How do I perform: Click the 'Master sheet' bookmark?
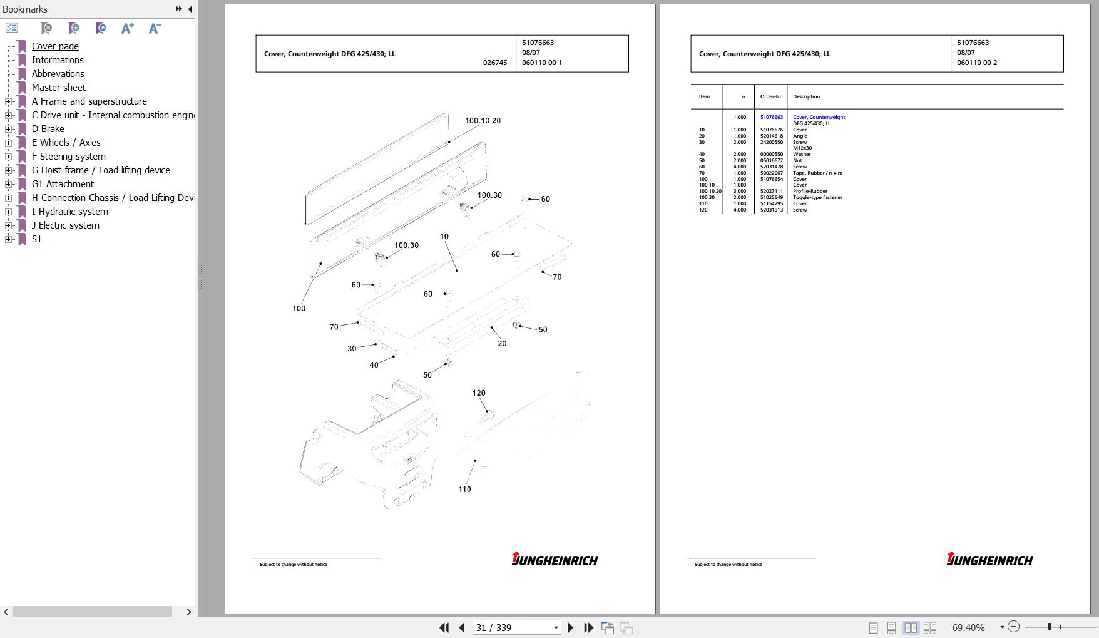pos(59,88)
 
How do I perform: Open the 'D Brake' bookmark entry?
pos(48,129)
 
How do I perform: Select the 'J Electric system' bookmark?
pos(66,225)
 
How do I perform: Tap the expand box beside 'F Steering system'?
pos(8,157)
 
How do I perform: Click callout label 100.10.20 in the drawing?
pos(483,121)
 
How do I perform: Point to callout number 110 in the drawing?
pos(464,490)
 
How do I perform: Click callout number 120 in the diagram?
pos(479,393)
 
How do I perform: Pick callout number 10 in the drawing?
pos(444,237)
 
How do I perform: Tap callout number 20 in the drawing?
pos(502,344)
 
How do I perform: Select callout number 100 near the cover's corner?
pos(299,309)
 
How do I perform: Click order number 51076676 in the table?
pos(772,130)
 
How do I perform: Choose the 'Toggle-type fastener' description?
pos(817,198)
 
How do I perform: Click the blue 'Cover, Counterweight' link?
pos(819,117)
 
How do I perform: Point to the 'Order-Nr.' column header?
pos(771,97)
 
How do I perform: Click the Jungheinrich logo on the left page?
pos(555,559)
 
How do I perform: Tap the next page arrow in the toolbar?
pos(570,627)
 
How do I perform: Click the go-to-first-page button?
pos(444,627)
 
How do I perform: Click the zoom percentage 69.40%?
pos(968,627)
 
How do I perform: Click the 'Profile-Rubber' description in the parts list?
pos(810,192)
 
